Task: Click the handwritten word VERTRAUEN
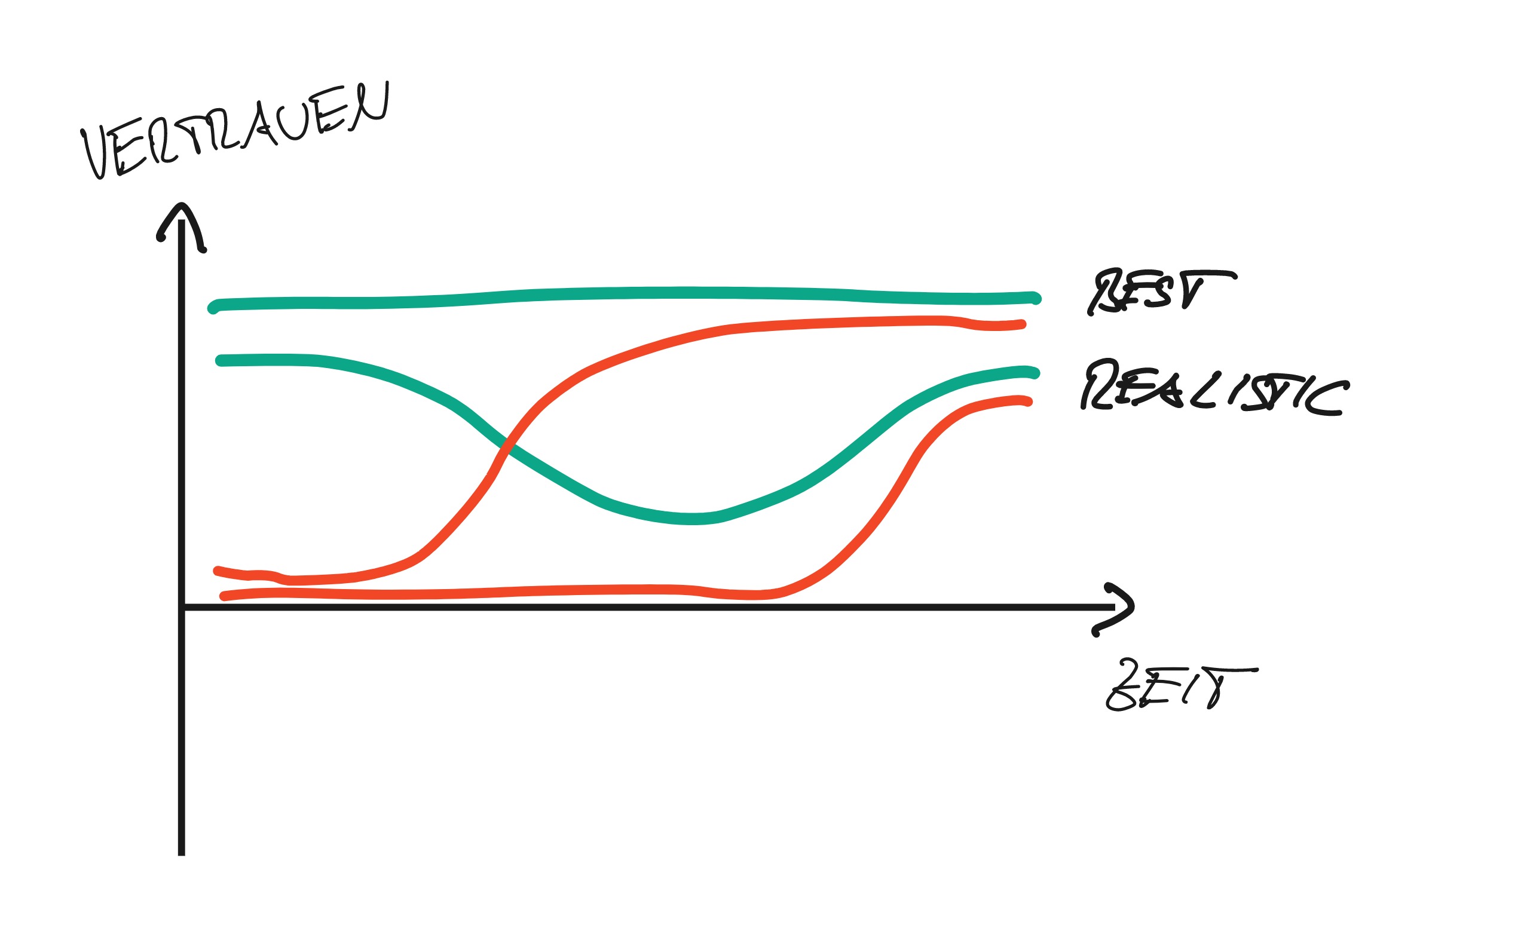click(x=235, y=130)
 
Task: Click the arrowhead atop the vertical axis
click(x=181, y=211)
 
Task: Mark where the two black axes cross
click(x=182, y=607)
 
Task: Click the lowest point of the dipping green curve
click(x=691, y=519)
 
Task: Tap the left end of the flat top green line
click(x=213, y=308)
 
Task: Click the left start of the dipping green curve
click(x=220, y=361)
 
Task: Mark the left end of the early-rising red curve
click(x=217, y=571)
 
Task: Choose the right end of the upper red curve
click(x=1022, y=324)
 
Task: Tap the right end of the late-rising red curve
click(x=1028, y=402)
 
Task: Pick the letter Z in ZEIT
click(x=1125, y=688)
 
